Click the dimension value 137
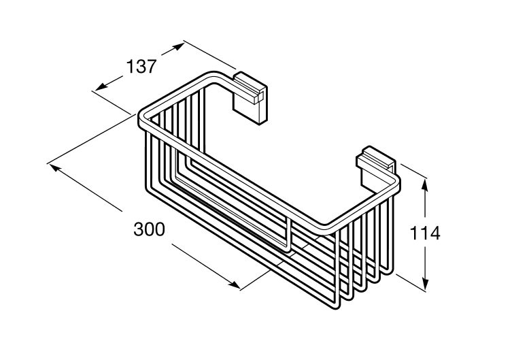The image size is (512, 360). [141, 67]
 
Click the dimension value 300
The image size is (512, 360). [149, 229]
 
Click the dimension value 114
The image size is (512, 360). [424, 233]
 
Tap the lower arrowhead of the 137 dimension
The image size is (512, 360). [101, 86]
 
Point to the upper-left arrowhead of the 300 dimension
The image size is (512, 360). [55, 168]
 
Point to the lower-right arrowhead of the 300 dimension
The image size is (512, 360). [234, 284]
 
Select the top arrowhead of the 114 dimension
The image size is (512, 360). [424, 185]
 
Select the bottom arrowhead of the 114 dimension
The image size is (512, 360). [424, 283]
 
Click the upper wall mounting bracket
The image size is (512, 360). [250, 98]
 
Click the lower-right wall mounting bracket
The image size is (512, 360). [376, 167]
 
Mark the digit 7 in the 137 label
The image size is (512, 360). [151, 67]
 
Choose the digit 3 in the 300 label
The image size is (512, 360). [139, 229]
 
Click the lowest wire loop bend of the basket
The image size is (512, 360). [337, 306]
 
